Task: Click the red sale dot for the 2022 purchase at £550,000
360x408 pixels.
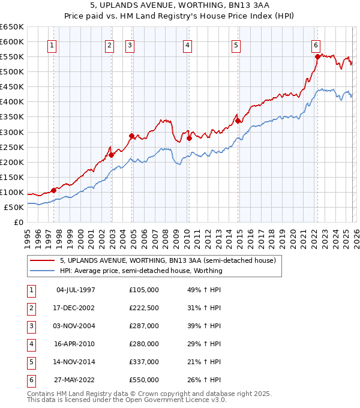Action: coord(317,56)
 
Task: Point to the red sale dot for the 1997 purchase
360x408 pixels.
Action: coord(53,190)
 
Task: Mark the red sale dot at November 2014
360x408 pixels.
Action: coord(238,121)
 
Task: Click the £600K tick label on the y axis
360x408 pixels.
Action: coord(12,41)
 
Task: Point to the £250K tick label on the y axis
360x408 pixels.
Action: coord(12,147)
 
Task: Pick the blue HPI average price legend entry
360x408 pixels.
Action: coord(141,271)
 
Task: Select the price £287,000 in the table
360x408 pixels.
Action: coord(144,326)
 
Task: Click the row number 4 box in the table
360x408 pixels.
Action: coord(30,344)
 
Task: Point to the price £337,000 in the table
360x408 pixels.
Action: coord(144,362)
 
